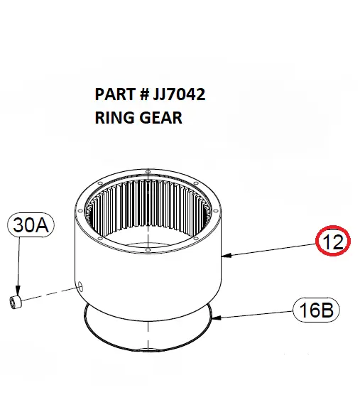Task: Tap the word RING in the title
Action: [x=111, y=116]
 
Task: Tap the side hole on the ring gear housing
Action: [x=80, y=287]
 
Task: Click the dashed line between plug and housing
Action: [x=50, y=295]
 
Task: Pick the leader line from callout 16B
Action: [x=256, y=314]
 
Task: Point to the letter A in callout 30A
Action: [x=44, y=227]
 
